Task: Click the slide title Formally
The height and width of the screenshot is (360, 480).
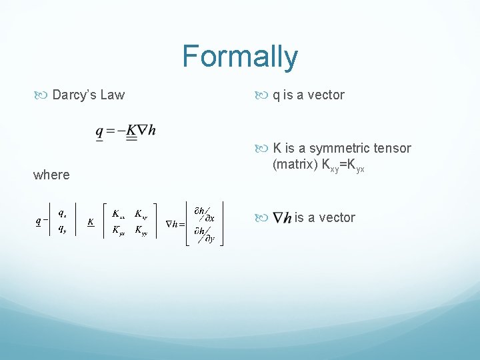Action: [239, 57]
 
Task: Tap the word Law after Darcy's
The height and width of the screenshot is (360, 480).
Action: [112, 95]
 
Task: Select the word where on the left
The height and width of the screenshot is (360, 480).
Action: [51, 175]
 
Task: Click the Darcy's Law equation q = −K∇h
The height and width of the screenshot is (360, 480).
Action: [126, 132]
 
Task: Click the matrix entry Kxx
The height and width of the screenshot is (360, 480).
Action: [119, 215]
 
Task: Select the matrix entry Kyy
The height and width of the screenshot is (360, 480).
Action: [142, 231]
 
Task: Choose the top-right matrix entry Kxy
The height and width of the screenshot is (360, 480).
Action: [141, 215]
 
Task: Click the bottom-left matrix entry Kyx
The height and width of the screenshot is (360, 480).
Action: [119, 231]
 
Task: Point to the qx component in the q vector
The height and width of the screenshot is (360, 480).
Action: [61, 213]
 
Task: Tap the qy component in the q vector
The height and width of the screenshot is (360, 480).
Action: [61, 229]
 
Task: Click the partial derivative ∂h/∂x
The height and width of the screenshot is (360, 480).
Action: [203, 214]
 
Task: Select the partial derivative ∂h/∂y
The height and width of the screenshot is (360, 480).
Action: [203, 234]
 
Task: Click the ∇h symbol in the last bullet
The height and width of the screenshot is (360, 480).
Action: [283, 218]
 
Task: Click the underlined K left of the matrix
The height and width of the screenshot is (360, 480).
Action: [90, 222]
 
